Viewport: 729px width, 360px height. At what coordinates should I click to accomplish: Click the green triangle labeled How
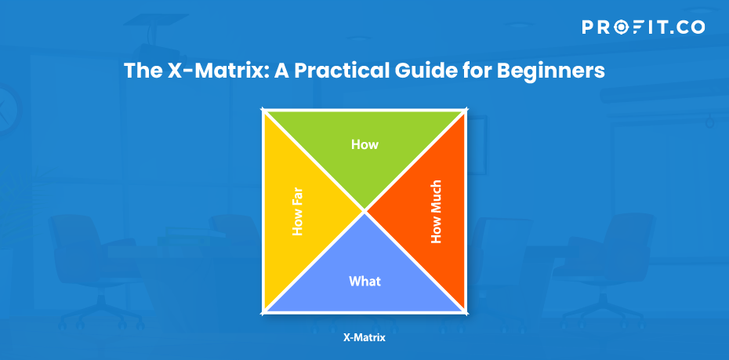364,149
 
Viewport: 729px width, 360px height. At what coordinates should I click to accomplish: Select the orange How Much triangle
428,212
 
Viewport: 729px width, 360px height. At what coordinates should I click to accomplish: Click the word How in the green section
364,144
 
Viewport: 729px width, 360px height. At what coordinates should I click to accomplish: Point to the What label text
364,282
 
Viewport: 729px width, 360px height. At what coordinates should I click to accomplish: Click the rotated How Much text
436,212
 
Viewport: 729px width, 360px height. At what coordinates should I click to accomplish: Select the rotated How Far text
297,212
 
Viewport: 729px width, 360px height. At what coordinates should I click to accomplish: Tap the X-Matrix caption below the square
364,338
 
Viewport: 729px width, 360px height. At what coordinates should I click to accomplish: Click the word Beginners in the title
550,71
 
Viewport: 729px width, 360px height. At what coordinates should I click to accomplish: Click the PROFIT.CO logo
644,27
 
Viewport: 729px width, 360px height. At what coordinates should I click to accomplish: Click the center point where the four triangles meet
364,212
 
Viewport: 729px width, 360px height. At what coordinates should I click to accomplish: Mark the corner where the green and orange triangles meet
466,111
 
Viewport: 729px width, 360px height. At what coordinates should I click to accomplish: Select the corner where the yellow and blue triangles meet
263,313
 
